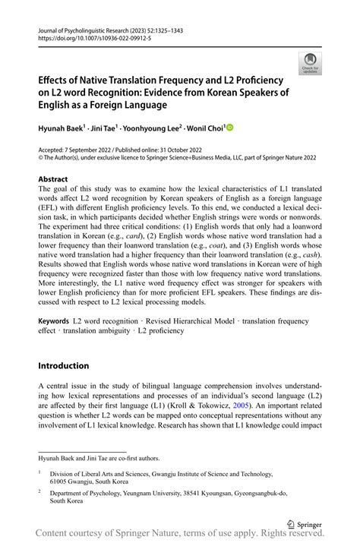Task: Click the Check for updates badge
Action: (x=309, y=63)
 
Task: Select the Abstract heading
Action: (x=58, y=179)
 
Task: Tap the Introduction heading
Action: (x=70, y=365)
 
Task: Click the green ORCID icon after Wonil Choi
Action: (x=229, y=128)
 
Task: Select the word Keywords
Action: (x=58, y=322)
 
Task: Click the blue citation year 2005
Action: (x=242, y=406)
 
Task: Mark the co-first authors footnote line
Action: (x=99, y=457)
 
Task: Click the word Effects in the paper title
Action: (x=58, y=80)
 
